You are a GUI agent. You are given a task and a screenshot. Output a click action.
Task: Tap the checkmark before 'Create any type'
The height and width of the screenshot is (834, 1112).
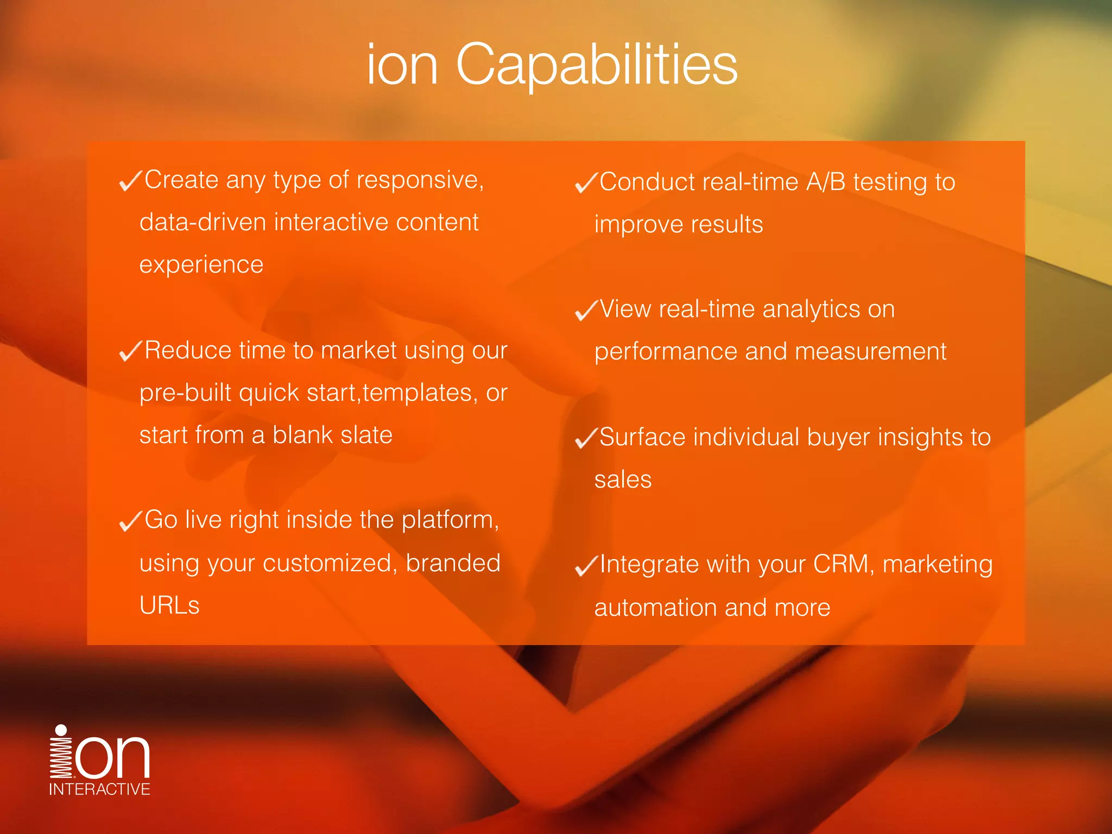[130, 180]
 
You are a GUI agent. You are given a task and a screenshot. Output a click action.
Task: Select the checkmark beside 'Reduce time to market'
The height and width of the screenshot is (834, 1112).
[130, 351]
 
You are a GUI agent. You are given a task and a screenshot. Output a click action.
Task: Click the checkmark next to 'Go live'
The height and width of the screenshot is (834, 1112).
[130, 521]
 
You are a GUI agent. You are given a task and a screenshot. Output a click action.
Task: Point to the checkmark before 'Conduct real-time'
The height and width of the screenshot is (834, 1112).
[586, 182]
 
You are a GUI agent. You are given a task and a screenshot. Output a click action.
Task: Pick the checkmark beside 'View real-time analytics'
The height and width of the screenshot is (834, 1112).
[586, 310]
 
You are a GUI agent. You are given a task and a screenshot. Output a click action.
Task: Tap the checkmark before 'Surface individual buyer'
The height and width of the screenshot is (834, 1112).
[586, 438]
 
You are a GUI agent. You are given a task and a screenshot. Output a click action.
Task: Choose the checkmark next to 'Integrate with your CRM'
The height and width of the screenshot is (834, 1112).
[586, 565]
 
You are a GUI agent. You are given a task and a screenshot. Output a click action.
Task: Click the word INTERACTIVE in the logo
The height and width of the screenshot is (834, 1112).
[99, 789]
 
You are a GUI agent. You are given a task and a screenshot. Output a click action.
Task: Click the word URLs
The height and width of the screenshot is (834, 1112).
[169, 605]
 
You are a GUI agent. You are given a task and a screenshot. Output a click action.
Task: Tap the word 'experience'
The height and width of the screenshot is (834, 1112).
[201, 265]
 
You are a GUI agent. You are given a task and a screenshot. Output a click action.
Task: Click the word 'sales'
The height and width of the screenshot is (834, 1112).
[623, 479]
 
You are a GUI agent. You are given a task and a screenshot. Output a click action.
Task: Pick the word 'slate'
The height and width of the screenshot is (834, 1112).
[367, 435]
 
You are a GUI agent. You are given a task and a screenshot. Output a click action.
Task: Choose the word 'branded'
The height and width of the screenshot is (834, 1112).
[453, 563]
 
